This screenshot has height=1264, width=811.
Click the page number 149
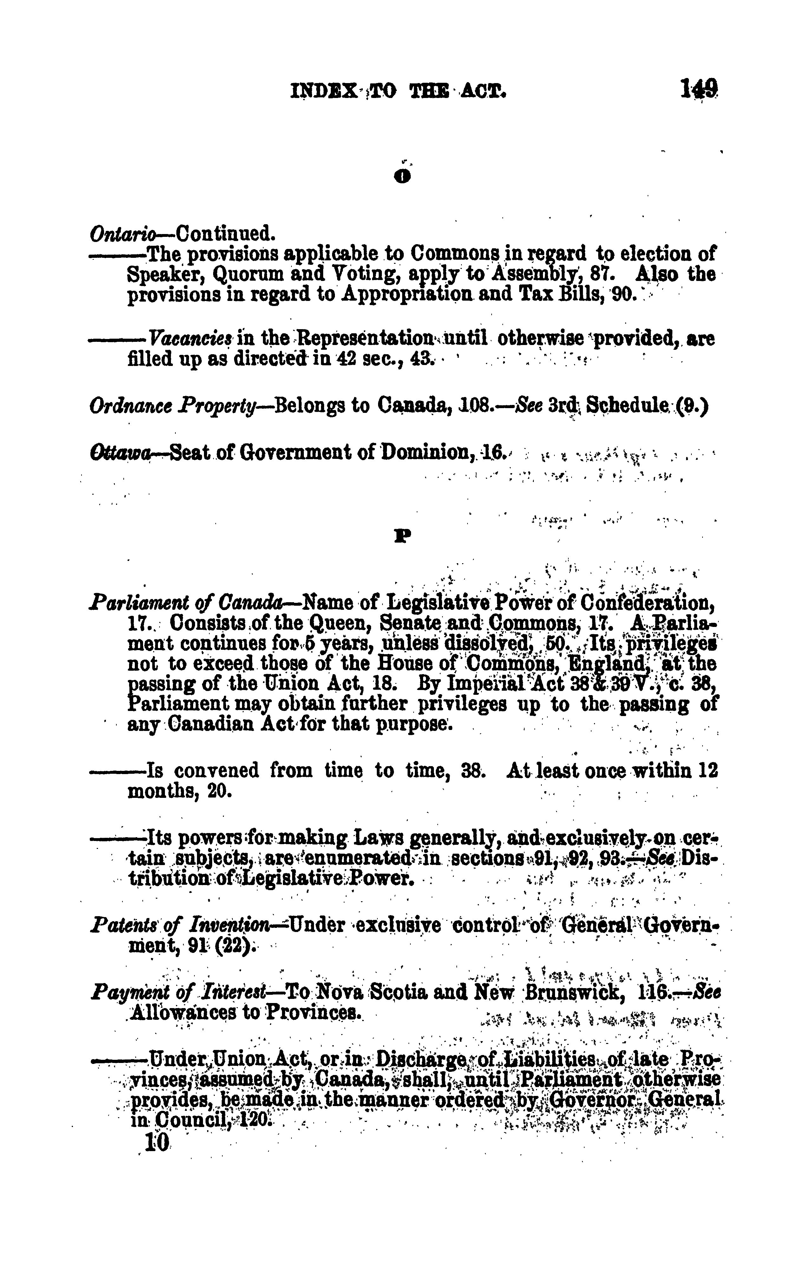(x=698, y=88)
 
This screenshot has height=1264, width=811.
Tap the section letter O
(x=403, y=177)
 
